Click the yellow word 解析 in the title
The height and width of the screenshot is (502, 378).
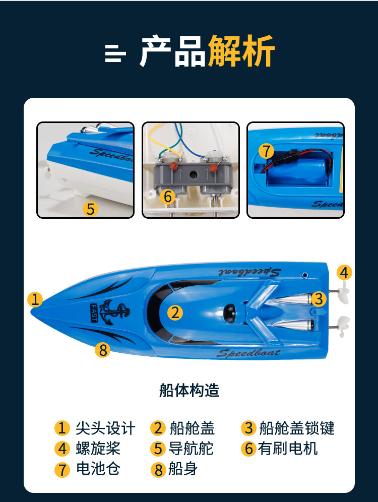coord(241,51)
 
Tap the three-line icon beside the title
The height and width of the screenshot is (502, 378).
coord(115,53)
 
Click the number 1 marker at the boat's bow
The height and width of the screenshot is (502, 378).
coord(35,299)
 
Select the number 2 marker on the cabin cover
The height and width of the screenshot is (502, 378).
coord(175,312)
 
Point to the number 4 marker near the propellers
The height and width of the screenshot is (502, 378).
coord(344,273)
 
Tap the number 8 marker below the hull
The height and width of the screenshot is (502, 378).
coord(103,350)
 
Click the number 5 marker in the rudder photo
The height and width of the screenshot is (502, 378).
coord(90,209)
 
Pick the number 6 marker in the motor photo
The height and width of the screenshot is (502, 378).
coord(167,197)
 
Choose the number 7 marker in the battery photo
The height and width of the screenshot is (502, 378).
coord(266,151)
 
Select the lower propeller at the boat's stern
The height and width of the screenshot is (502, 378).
coord(343,326)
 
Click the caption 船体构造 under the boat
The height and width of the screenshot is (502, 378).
coord(189,390)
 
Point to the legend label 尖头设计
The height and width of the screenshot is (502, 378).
coord(105,428)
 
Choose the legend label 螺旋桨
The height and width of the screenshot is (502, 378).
coord(98,448)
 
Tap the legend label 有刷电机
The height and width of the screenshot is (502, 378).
coord(288,448)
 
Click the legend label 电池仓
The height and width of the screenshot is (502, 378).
coord(98,469)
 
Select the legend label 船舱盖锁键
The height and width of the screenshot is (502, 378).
coord(296,428)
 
